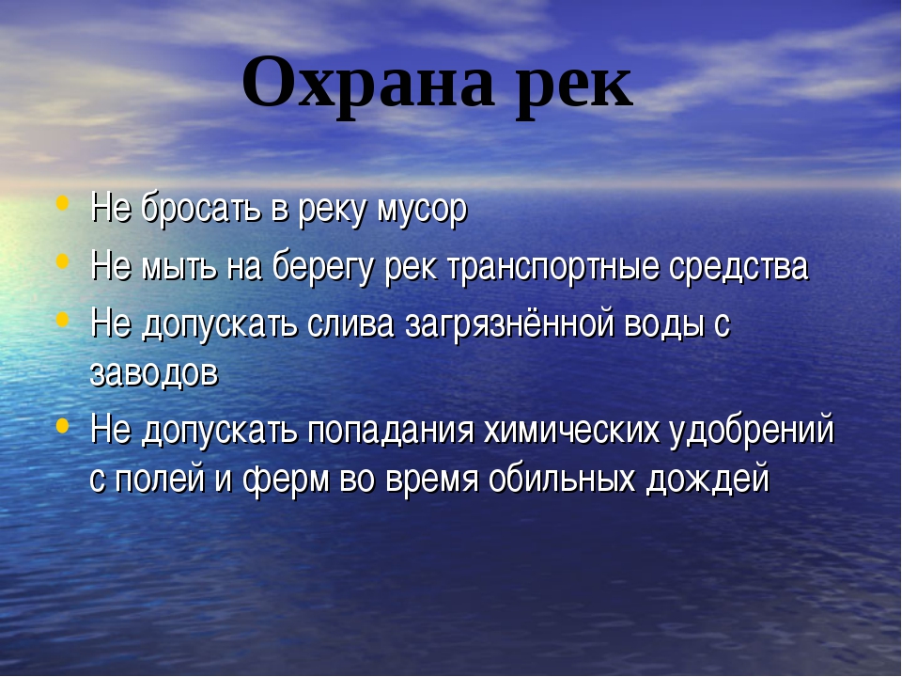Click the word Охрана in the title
pos(368,84)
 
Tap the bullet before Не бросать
pos(63,203)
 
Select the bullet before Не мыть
pos(63,260)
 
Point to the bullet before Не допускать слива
pos(63,319)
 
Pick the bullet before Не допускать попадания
pos(63,425)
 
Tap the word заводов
pos(154,373)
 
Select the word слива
pos(350,325)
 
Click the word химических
pos(571,431)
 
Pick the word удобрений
pos(752,431)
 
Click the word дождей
pos(708,480)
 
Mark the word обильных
pos(562,479)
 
